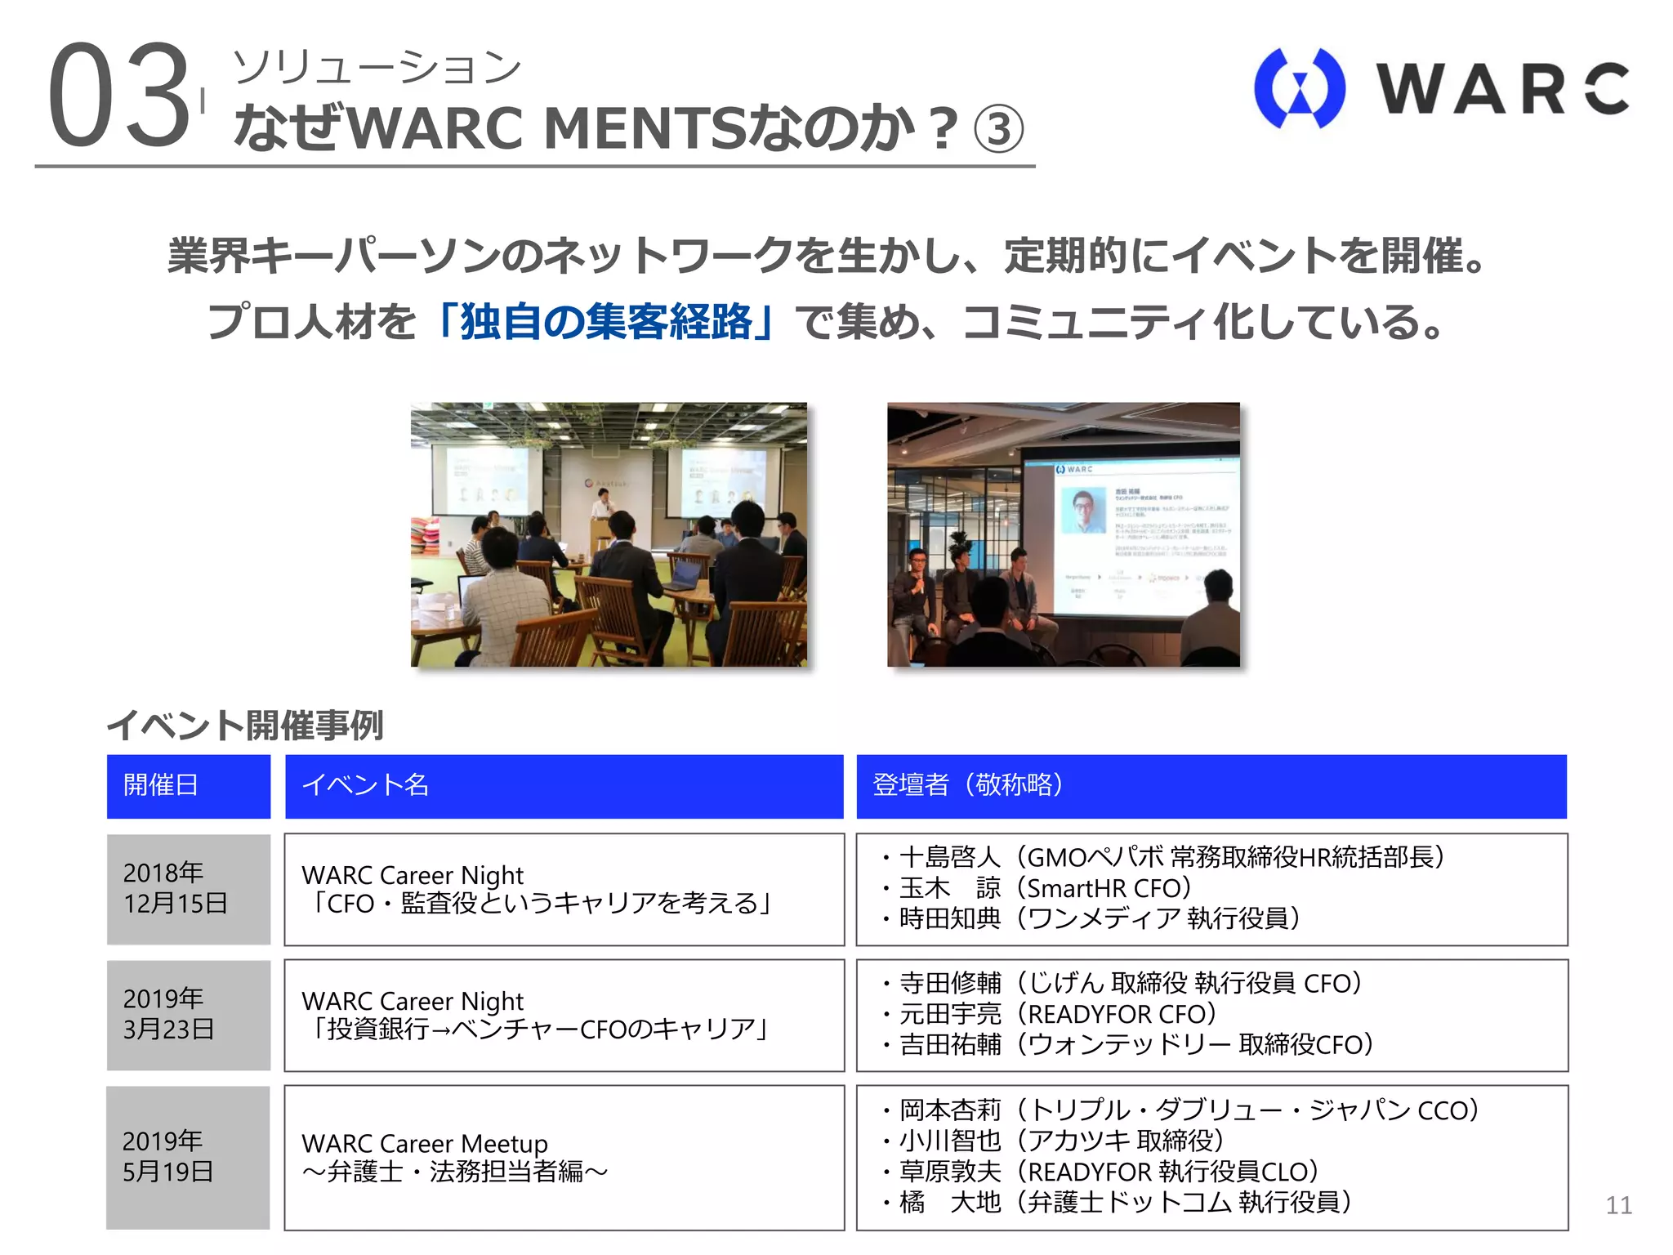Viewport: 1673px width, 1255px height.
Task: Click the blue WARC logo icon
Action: [x=1299, y=88]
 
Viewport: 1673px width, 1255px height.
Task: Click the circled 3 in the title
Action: [x=998, y=130]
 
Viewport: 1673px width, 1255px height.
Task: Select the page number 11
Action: [x=1618, y=1205]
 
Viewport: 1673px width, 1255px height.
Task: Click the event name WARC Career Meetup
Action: [x=424, y=1143]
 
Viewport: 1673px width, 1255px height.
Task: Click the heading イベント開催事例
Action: [x=245, y=726]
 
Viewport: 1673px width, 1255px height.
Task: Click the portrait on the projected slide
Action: [x=1083, y=512]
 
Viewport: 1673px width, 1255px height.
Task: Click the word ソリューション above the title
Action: [x=377, y=68]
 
